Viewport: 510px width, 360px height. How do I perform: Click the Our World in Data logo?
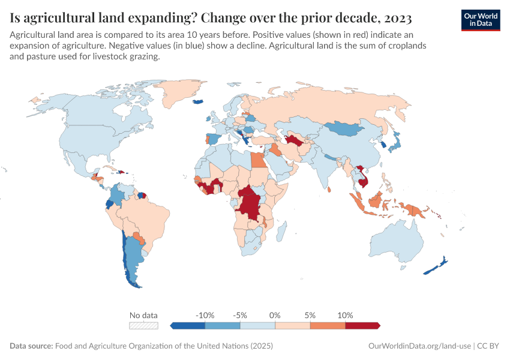click(x=480, y=19)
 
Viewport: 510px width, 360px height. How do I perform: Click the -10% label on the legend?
click(x=205, y=315)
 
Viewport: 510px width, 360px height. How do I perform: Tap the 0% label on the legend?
click(x=275, y=315)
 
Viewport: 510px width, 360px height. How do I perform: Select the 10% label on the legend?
click(x=345, y=315)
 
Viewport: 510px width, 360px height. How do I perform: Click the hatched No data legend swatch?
click(x=144, y=325)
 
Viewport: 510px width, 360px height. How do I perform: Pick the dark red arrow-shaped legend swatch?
click(x=363, y=325)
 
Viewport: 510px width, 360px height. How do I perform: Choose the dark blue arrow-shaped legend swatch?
click(x=188, y=325)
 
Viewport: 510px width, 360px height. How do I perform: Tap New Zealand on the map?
click(x=436, y=268)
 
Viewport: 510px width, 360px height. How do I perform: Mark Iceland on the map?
click(x=198, y=101)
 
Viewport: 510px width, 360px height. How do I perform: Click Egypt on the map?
click(x=257, y=161)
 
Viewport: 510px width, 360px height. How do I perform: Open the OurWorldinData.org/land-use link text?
click(x=419, y=346)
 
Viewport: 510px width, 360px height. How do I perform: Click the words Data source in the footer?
click(x=31, y=346)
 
